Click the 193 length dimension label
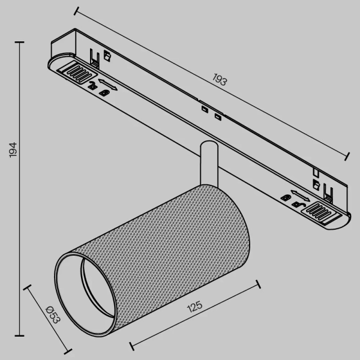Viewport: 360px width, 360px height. [220, 80]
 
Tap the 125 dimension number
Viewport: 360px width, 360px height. [194, 308]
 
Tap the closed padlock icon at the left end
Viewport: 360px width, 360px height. [106, 92]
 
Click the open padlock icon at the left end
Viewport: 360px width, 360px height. [92, 85]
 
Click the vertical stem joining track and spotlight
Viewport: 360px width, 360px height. [208, 162]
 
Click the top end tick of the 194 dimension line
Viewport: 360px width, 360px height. [20, 43]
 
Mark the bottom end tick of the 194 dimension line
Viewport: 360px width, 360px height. [20, 335]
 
